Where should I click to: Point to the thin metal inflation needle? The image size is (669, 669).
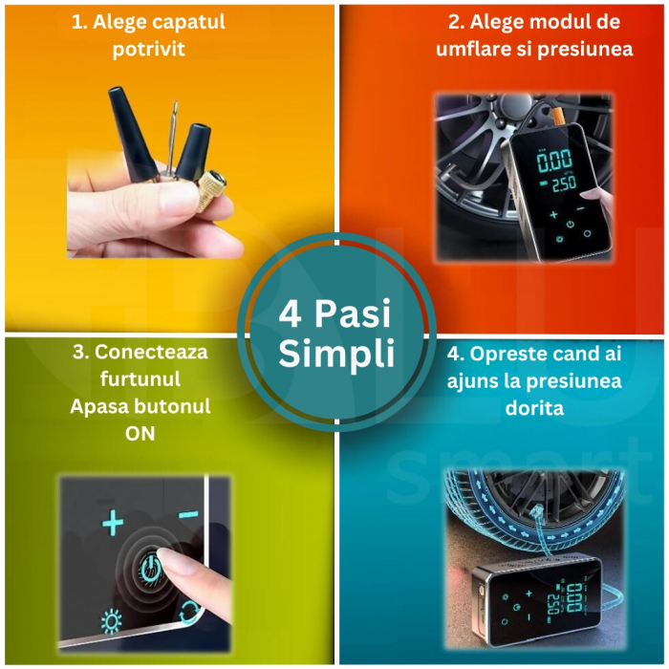click(x=170, y=143)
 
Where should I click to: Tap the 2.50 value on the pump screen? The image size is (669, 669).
click(x=562, y=182)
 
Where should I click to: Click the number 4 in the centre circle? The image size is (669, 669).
click(x=290, y=315)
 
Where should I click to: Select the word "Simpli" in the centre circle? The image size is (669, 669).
click(x=336, y=355)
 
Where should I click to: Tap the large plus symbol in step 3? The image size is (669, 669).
click(x=114, y=523)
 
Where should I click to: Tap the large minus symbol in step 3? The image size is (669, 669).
click(x=188, y=515)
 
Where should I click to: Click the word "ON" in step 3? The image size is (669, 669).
click(x=140, y=433)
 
